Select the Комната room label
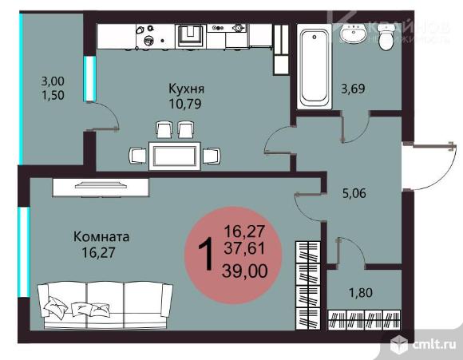coord(101,237)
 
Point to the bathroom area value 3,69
coord(354,89)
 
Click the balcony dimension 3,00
coord(53,81)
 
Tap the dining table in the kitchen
coord(175,155)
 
